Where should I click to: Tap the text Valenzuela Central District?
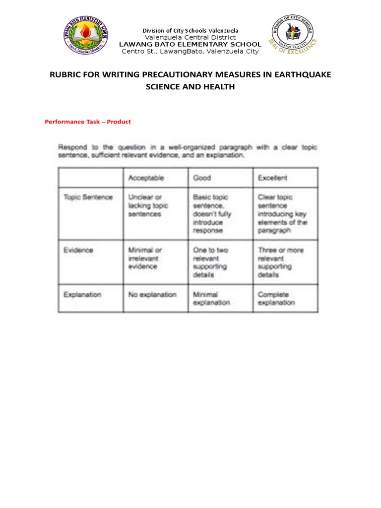pyautogui.click(x=190, y=38)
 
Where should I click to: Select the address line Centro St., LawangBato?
pyautogui.click(x=190, y=52)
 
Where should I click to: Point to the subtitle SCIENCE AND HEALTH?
pyautogui.click(x=190, y=87)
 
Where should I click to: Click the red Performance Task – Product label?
pyautogui.click(x=88, y=122)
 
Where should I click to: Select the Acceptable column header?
pyautogui.click(x=146, y=178)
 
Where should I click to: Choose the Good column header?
pyautogui.click(x=202, y=178)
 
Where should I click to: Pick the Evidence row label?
pyautogui.click(x=78, y=250)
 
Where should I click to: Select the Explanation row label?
pyautogui.click(x=82, y=294)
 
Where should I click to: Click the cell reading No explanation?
pyautogui.click(x=152, y=294)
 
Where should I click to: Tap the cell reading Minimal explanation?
pyautogui.click(x=211, y=298)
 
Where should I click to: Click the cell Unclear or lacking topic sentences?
pyautogui.click(x=148, y=205)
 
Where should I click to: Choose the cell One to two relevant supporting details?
pyautogui.click(x=211, y=262)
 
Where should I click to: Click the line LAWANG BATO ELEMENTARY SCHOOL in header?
pyautogui.click(x=190, y=45)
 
